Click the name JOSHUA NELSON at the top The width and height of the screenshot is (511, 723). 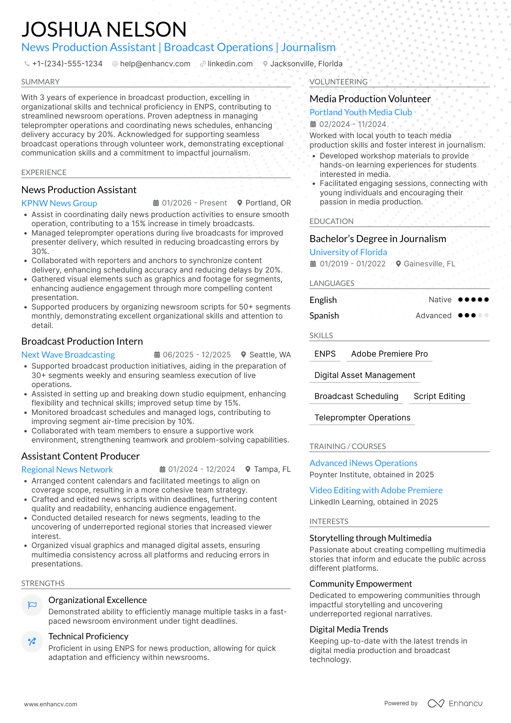(x=104, y=29)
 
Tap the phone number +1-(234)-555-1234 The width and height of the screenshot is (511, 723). (x=67, y=64)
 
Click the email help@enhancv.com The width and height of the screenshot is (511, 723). (x=155, y=64)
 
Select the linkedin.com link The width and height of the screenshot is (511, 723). (x=230, y=64)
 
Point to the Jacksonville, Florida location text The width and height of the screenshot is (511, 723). (x=306, y=64)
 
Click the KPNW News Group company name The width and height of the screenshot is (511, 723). (x=59, y=203)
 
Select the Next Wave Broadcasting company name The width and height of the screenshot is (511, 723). (x=68, y=355)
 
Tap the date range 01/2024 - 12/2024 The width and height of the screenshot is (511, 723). (x=202, y=469)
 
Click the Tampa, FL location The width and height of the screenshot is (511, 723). (x=272, y=469)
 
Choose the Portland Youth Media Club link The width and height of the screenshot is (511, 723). (x=361, y=112)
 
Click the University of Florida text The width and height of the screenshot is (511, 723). (x=348, y=252)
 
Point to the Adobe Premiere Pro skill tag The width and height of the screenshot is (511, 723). (x=389, y=354)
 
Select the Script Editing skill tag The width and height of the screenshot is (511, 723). (x=439, y=396)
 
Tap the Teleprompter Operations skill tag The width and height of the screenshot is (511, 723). (x=362, y=418)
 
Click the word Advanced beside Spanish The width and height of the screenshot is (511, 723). (x=433, y=316)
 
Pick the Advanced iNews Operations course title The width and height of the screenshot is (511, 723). (x=363, y=463)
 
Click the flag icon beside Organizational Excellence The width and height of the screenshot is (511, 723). (x=32, y=604)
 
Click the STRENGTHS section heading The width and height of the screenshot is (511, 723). (x=43, y=583)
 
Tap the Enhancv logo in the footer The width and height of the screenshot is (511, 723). (x=455, y=703)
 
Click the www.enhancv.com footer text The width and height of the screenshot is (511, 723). (x=50, y=704)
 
